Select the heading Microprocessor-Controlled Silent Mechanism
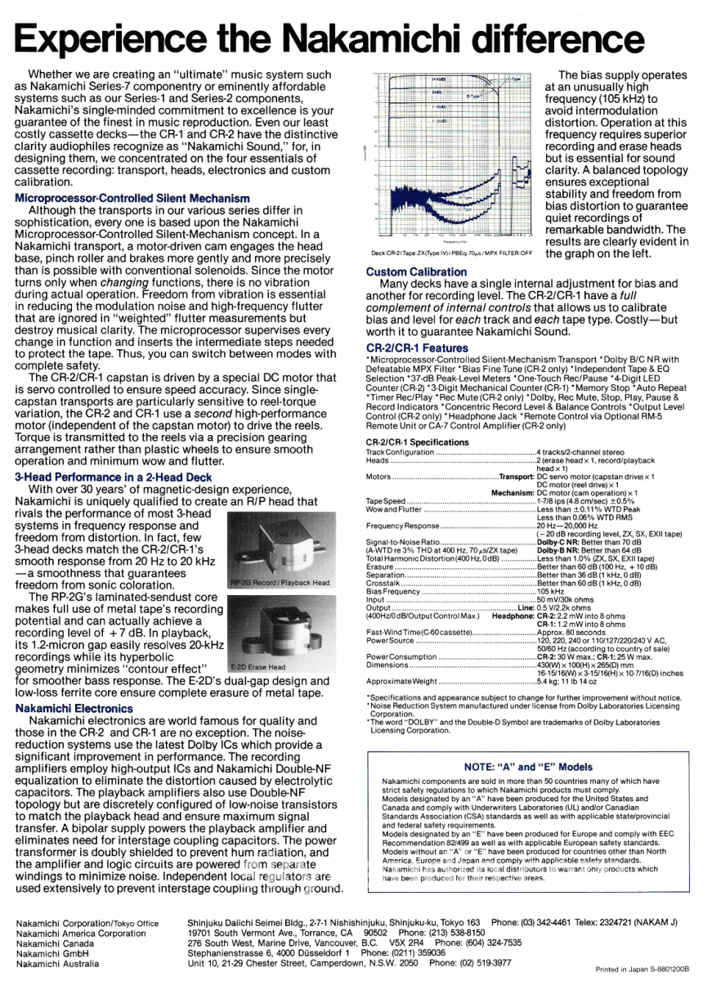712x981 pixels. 132,198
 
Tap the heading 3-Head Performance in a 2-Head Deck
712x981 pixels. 114,477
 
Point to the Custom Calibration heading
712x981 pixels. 417,271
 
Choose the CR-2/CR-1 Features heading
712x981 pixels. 418,348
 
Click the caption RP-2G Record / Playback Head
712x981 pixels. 280,583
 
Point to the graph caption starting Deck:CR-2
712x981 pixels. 451,253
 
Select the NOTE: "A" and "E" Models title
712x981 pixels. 528,768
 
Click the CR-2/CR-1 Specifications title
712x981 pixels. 418,442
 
